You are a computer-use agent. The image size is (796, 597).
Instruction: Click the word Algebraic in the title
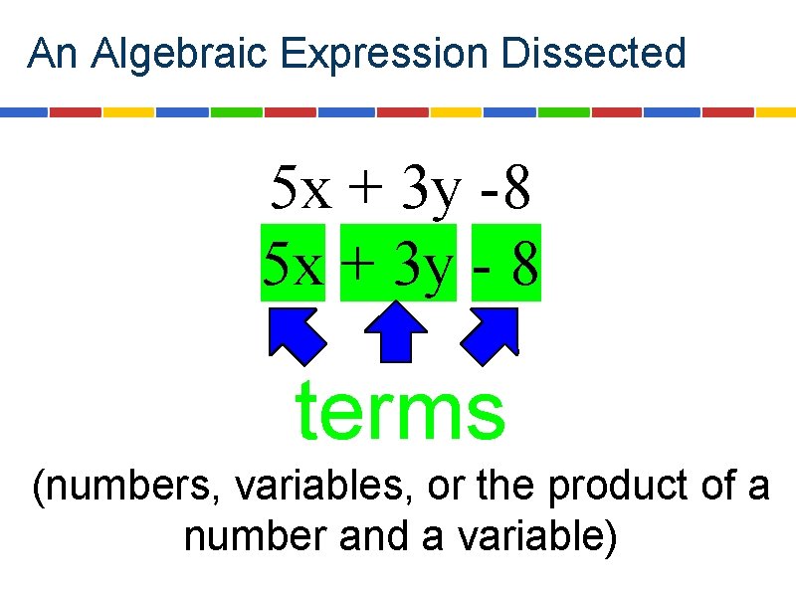180,54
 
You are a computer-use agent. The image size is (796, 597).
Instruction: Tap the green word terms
401,413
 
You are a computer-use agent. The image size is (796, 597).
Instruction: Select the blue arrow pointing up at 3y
398,332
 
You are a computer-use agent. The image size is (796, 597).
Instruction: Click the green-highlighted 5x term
294,263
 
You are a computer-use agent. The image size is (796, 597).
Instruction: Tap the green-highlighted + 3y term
398,263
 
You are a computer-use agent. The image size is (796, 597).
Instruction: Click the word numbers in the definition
126,489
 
